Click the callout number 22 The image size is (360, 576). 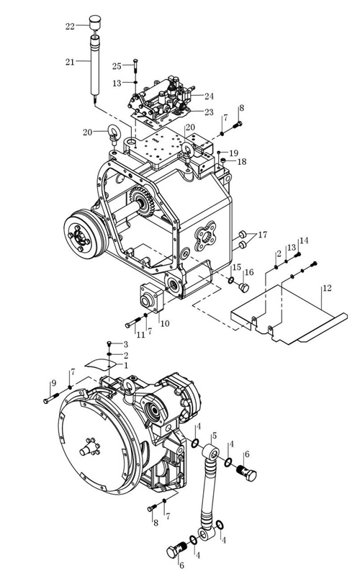(x=70, y=27)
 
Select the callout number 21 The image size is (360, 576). (x=70, y=62)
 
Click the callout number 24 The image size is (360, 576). (x=209, y=96)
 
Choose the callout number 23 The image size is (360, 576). (x=209, y=112)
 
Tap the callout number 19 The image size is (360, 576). (x=233, y=153)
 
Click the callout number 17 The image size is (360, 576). (x=263, y=235)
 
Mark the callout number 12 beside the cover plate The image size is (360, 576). (x=327, y=288)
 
